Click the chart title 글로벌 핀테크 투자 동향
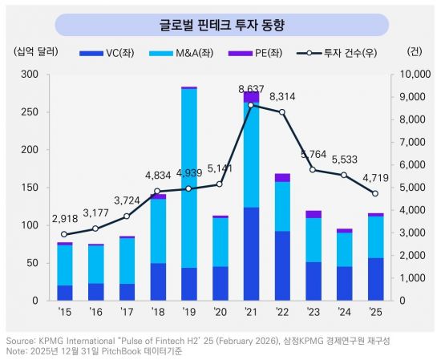(x=221, y=22)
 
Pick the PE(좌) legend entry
(x=262, y=53)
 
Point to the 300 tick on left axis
(x=30, y=74)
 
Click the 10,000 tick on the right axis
(x=411, y=74)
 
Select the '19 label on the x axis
(x=189, y=312)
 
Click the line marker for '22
(x=281, y=112)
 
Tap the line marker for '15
(x=64, y=235)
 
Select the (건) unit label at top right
(x=414, y=53)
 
